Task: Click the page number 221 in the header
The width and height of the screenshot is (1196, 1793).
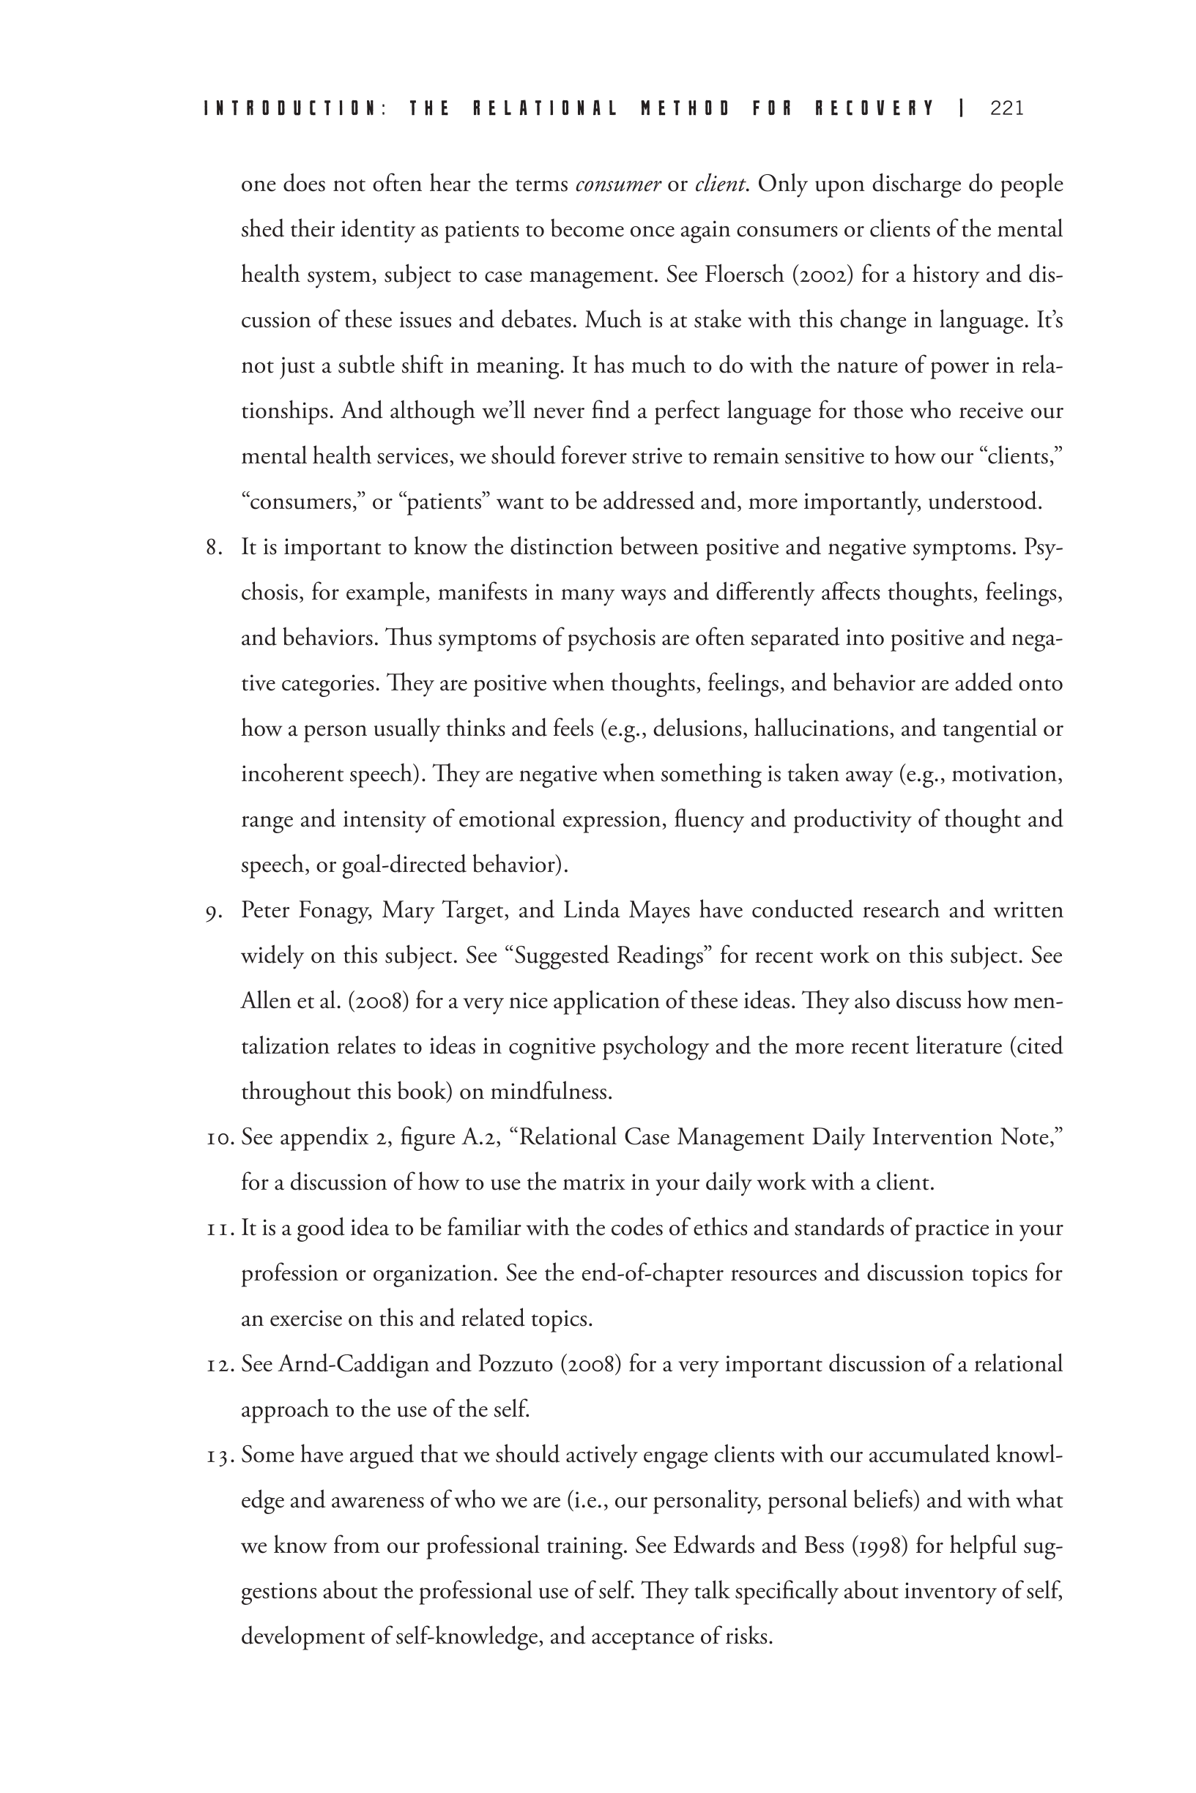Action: (x=1006, y=108)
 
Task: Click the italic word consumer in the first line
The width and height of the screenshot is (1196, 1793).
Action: (x=618, y=184)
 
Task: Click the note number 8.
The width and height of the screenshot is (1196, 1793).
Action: (x=213, y=548)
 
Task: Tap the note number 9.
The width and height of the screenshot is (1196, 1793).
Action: (x=213, y=911)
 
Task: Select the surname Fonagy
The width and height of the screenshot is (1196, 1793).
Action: (x=335, y=911)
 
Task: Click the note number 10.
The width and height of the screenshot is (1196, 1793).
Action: (x=220, y=1138)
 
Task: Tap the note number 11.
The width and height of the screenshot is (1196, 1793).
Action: (x=220, y=1228)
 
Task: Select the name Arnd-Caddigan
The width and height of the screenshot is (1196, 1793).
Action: (x=353, y=1364)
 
